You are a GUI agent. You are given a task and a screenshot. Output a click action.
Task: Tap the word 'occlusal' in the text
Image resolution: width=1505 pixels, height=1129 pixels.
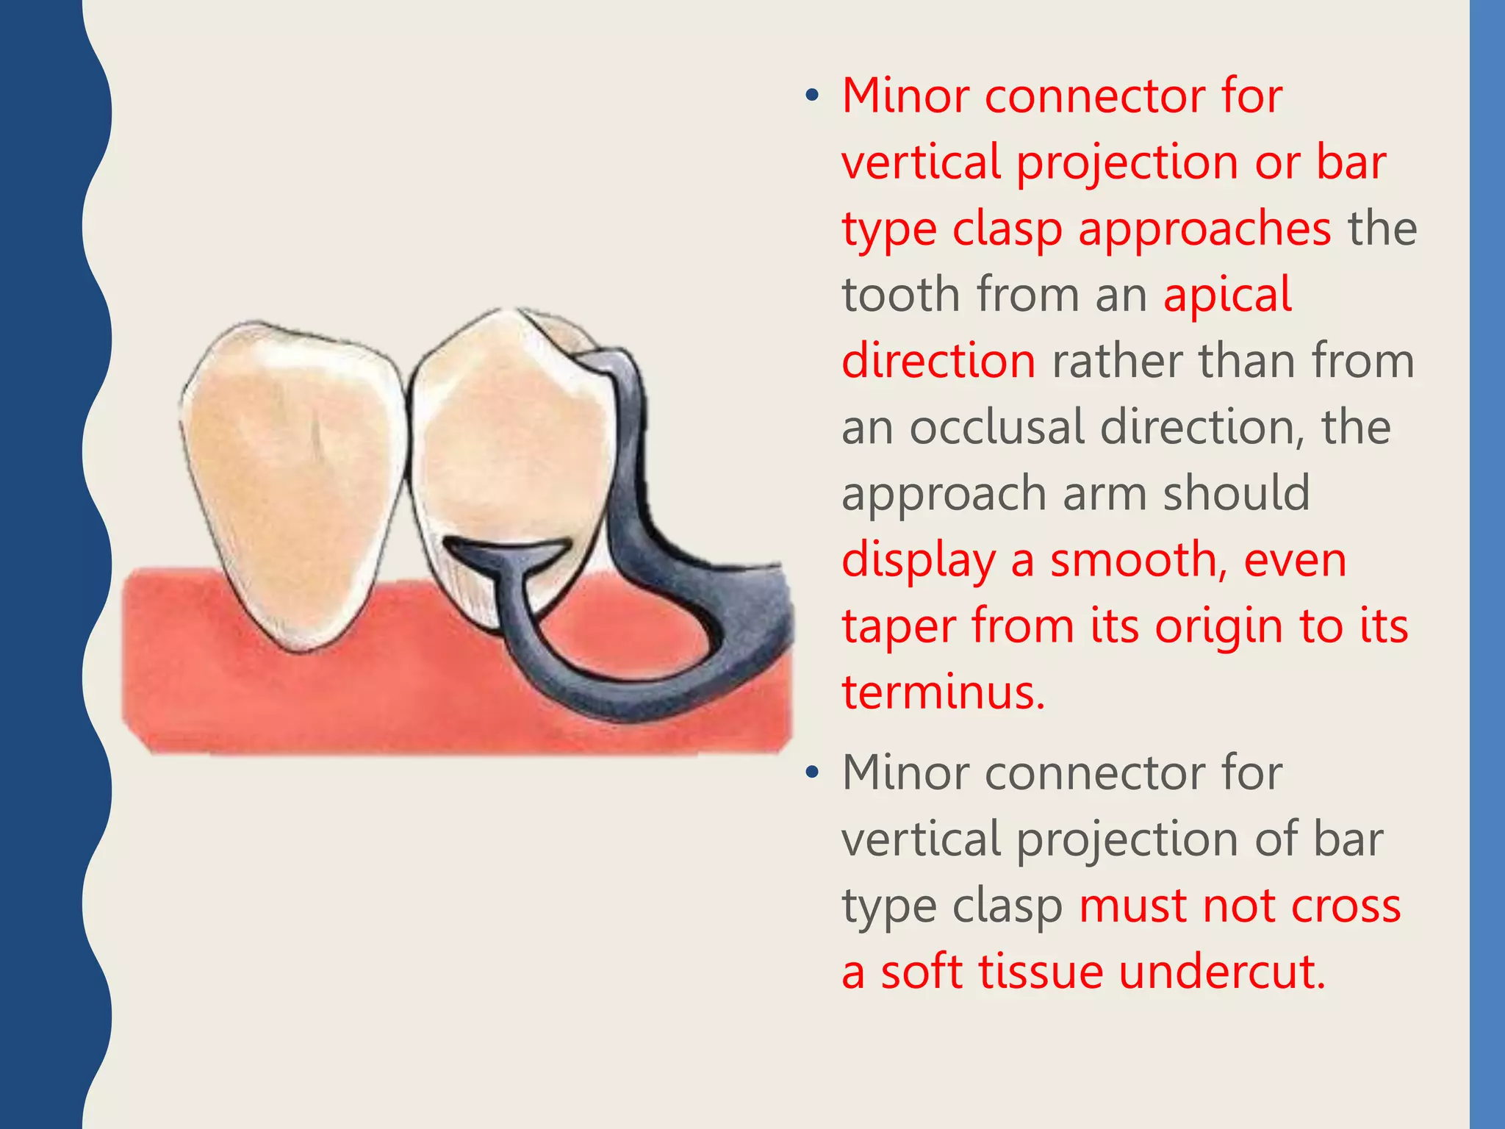[995, 427]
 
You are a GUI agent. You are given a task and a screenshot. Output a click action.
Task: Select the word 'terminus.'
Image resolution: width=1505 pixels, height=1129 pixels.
[943, 692]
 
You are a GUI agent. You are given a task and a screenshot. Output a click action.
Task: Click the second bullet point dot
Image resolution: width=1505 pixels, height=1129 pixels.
[811, 773]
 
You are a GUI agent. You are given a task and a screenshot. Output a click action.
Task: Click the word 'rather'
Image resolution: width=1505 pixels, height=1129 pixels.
[1116, 362]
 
